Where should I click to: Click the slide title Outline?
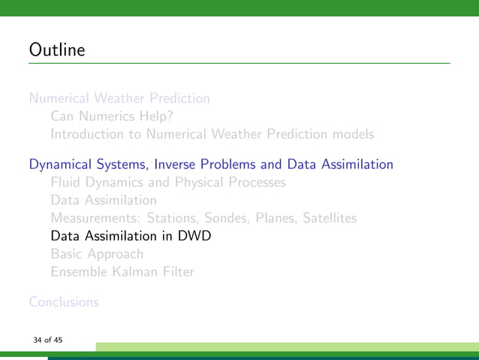[x=57, y=51]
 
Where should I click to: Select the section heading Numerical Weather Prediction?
[x=119, y=98]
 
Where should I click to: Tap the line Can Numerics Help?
[x=112, y=116]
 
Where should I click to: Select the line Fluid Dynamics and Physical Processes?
[x=167, y=182]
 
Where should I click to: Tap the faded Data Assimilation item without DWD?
[x=104, y=200]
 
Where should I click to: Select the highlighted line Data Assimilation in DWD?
[x=131, y=236]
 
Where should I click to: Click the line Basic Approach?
[x=97, y=254]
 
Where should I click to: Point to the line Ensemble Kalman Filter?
[x=122, y=272]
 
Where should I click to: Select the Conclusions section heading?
[x=64, y=302]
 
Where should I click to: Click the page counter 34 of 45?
[x=47, y=340]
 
